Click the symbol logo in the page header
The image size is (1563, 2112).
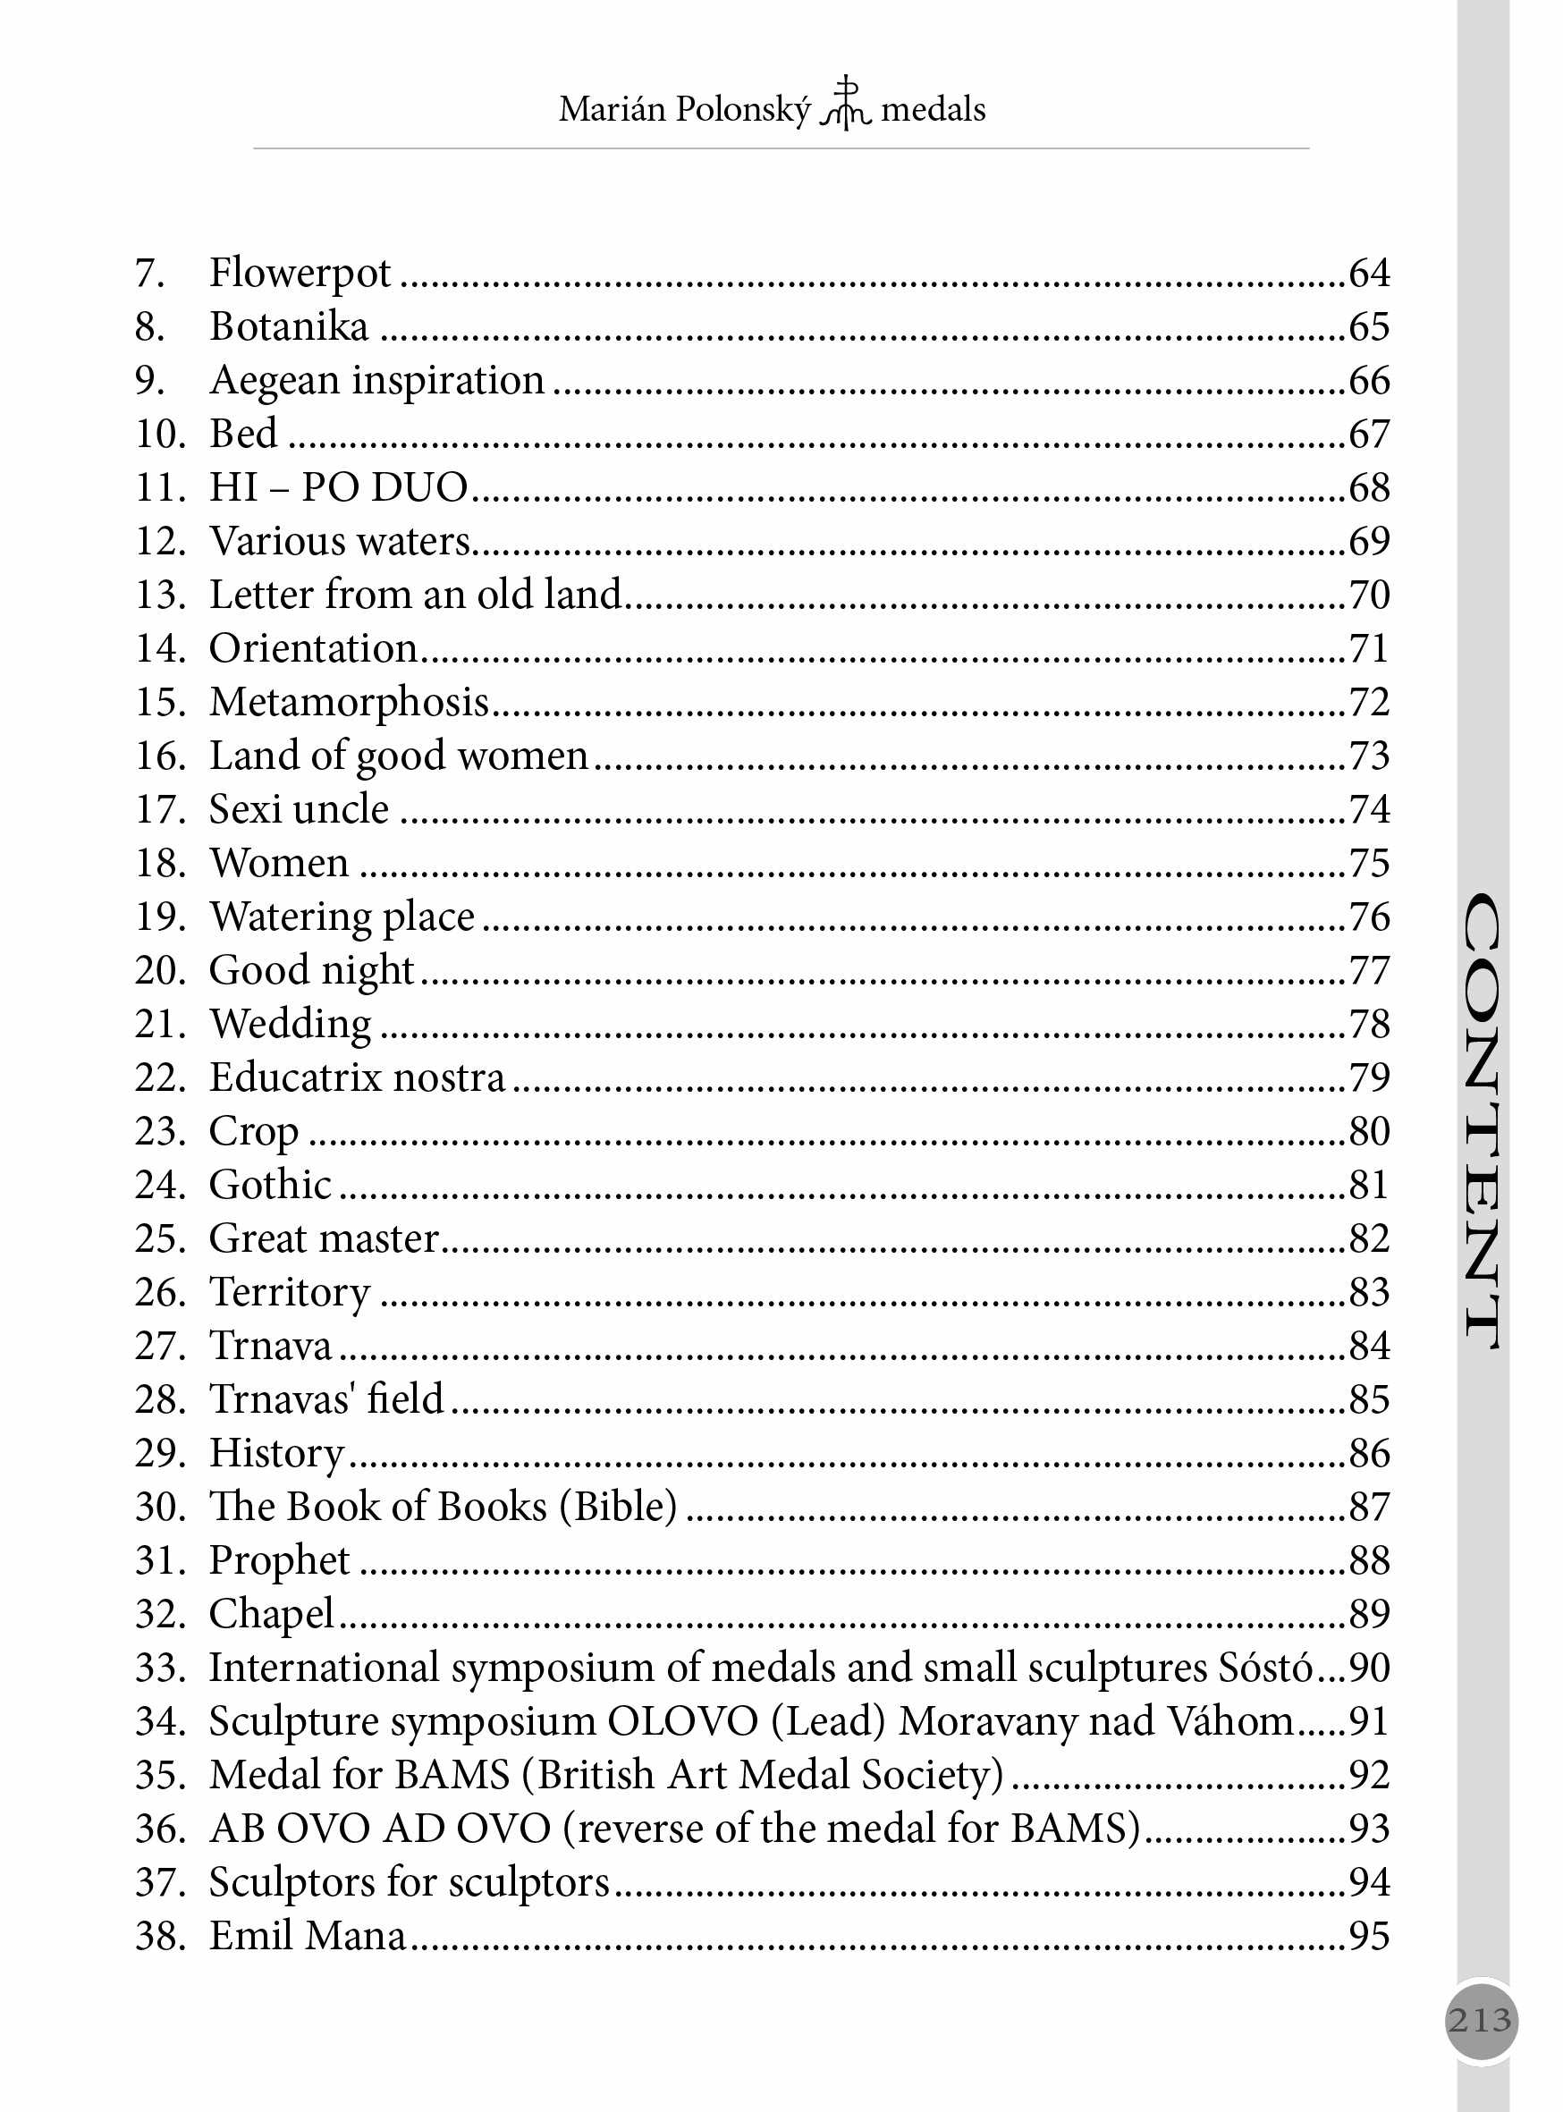[x=845, y=104]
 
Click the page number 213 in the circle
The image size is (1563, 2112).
[x=1481, y=2020]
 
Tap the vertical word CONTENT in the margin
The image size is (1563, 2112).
[x=1482, y=1121]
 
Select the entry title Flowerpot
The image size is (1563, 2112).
[x=300, y=274]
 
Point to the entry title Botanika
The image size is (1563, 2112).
[x=289, y=327]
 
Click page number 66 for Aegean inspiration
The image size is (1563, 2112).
[x=1369, y=380]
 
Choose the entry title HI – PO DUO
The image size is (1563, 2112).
[x=339, y=488]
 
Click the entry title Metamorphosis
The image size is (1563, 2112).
[x=349, y=703]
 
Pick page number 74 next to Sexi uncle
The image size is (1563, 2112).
[x=1369, y=810]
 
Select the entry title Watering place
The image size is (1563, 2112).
[x=342, y=917]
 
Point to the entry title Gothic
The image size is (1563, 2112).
[x=271, y=1186]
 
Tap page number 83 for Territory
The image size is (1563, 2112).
[x=1369, y=1293]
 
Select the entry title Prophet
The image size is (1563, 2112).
[x=279, y=1561]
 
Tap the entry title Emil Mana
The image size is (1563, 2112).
[x=308, y=1936]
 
